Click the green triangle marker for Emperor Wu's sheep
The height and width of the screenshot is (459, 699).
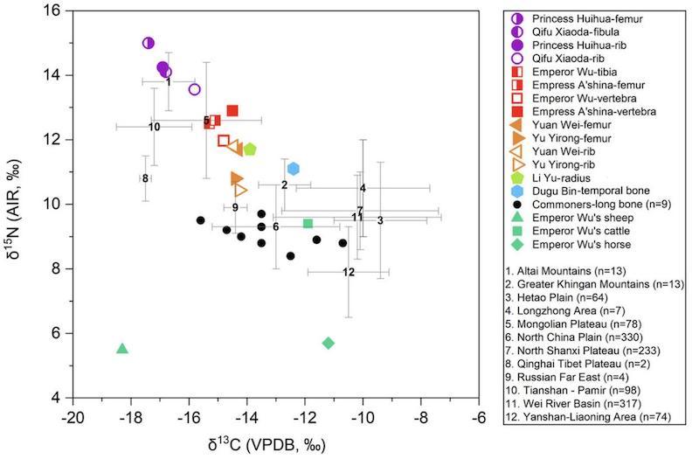[122, 349]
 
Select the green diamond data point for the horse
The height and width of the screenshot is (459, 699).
[328, 343]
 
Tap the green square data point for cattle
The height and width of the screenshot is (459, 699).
[308, 224]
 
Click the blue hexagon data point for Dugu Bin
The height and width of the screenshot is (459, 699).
[294, 169]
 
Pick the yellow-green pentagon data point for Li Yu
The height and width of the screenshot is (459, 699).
[250, 150]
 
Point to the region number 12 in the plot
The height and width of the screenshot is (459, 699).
[349, 272]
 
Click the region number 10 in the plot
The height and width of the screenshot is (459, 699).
[154, 127]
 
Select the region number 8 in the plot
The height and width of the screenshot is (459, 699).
[145, 178]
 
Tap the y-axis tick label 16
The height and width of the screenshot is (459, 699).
[55, 10]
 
